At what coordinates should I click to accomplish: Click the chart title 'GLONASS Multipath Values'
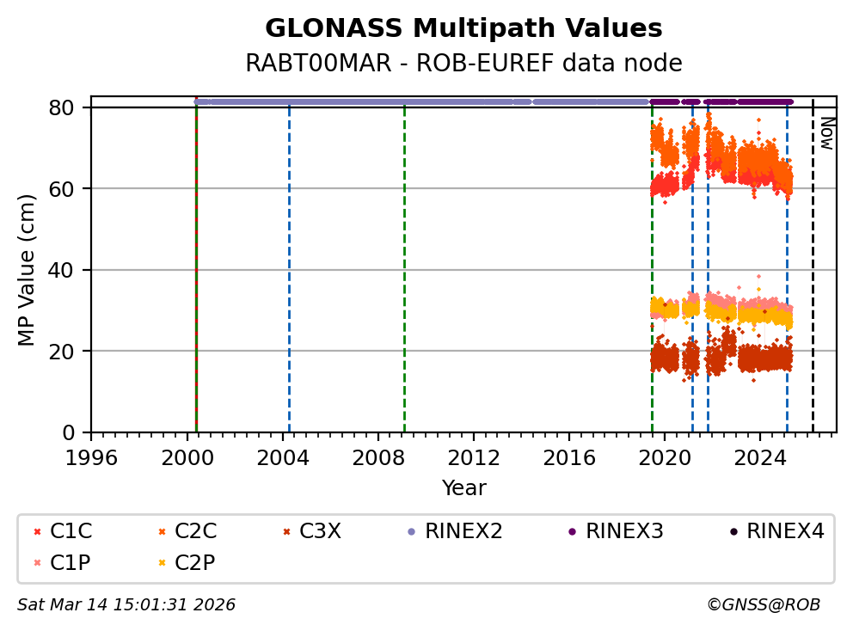pyautogui.click(x=463, y=28)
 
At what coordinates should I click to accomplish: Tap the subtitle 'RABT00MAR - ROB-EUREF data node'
pyautogui.click(x=463, y=64)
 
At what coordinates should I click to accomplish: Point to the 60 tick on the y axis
pyautogui.click(x=71, y=188)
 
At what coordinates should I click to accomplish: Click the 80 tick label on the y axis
pyautogui.click(x=71, y=107)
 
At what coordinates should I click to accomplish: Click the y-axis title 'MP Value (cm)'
pyautogui.click(x=28, y=270)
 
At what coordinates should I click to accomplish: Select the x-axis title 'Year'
pyautogui.click(x=463, y=488)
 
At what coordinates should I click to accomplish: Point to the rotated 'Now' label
pyautogui.click(x=826, y=133)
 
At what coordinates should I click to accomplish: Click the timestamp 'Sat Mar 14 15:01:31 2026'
pyautogui.click(x=126, y=605)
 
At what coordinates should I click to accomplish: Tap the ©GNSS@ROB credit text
pyautogui.click(x=763, y=605)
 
